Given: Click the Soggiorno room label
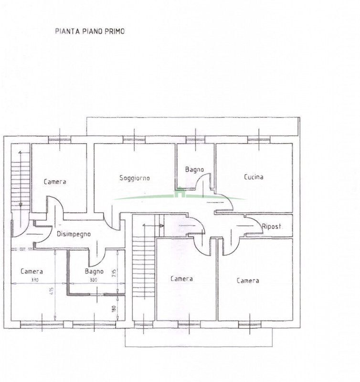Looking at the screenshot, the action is point(135,178).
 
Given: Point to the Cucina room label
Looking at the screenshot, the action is point(254,177).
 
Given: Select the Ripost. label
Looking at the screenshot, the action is point(272,226).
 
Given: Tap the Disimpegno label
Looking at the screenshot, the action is point(74,234).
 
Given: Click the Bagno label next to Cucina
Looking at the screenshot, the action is point(194,170).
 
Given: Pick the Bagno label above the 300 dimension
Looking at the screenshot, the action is point(94,271).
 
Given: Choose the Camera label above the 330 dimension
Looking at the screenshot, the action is point(32,271).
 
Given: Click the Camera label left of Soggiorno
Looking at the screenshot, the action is point(55,182).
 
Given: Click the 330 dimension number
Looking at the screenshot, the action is point(35,280).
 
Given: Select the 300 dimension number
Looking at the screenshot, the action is point(94,280).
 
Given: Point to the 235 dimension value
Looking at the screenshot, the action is point(114,273).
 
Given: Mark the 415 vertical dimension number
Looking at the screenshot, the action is point(52,291).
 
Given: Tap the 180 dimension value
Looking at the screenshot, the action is point(114,309).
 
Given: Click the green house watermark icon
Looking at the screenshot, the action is point(180,192).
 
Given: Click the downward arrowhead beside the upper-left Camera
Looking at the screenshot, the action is point(21,205).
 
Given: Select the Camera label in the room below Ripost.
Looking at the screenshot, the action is point(248,281).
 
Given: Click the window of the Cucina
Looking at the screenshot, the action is point(259,139).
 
